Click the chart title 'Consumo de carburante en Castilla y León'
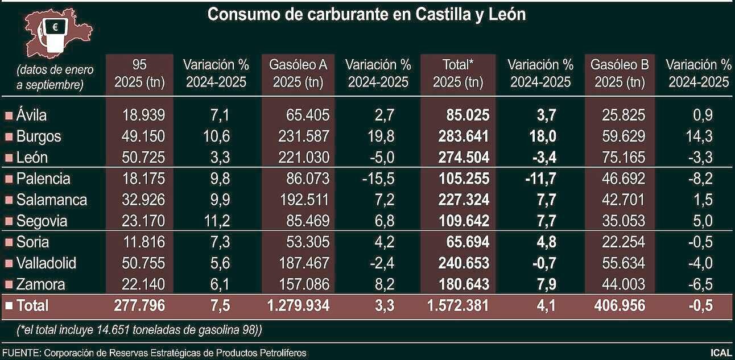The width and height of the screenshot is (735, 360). tap(366, 15)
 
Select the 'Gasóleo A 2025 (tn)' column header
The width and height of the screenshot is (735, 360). tap(298, 73)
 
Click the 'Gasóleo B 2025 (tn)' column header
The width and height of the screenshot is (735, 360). tap(620, 73)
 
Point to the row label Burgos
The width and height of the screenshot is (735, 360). tap(39, 136)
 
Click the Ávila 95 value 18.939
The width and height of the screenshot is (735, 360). tap(143, 115)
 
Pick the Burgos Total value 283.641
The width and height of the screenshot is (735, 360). tap(464, 136)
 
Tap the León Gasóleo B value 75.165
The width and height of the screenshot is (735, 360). tap(623, 158)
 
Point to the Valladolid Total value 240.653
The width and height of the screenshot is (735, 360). tap(464, 263)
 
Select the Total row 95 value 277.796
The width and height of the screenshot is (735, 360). tap(139, 306)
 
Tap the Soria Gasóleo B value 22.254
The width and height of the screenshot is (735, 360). tap(623, 242)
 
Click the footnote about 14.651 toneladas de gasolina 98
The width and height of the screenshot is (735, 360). tap(139, 330)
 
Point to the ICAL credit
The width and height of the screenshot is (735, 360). tap(720, 353)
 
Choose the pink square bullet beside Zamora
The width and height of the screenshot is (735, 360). tap(9, 285)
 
